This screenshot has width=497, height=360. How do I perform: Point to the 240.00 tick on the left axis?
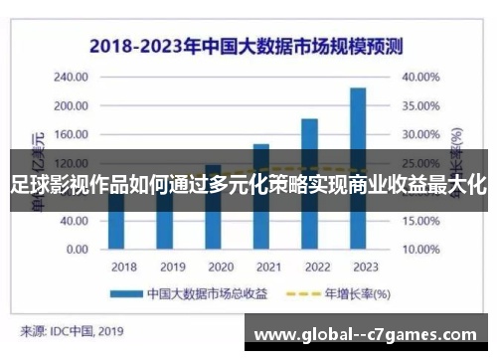click(72, 77)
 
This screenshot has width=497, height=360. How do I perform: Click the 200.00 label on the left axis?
click(72, 105)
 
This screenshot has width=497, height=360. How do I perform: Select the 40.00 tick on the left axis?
click(75, 220)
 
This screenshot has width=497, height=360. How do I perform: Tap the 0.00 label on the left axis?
click(78, 249)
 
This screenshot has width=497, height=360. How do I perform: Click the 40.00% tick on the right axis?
click(420, 77)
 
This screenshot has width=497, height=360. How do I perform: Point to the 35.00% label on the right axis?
click(420, 105)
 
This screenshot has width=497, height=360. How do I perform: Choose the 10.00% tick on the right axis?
click(420, 220)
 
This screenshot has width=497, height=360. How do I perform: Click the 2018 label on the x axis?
click(124, 267)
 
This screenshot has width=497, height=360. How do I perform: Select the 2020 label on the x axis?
click(220, 267)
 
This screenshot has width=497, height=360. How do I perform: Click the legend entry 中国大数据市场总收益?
click(188, 293)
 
